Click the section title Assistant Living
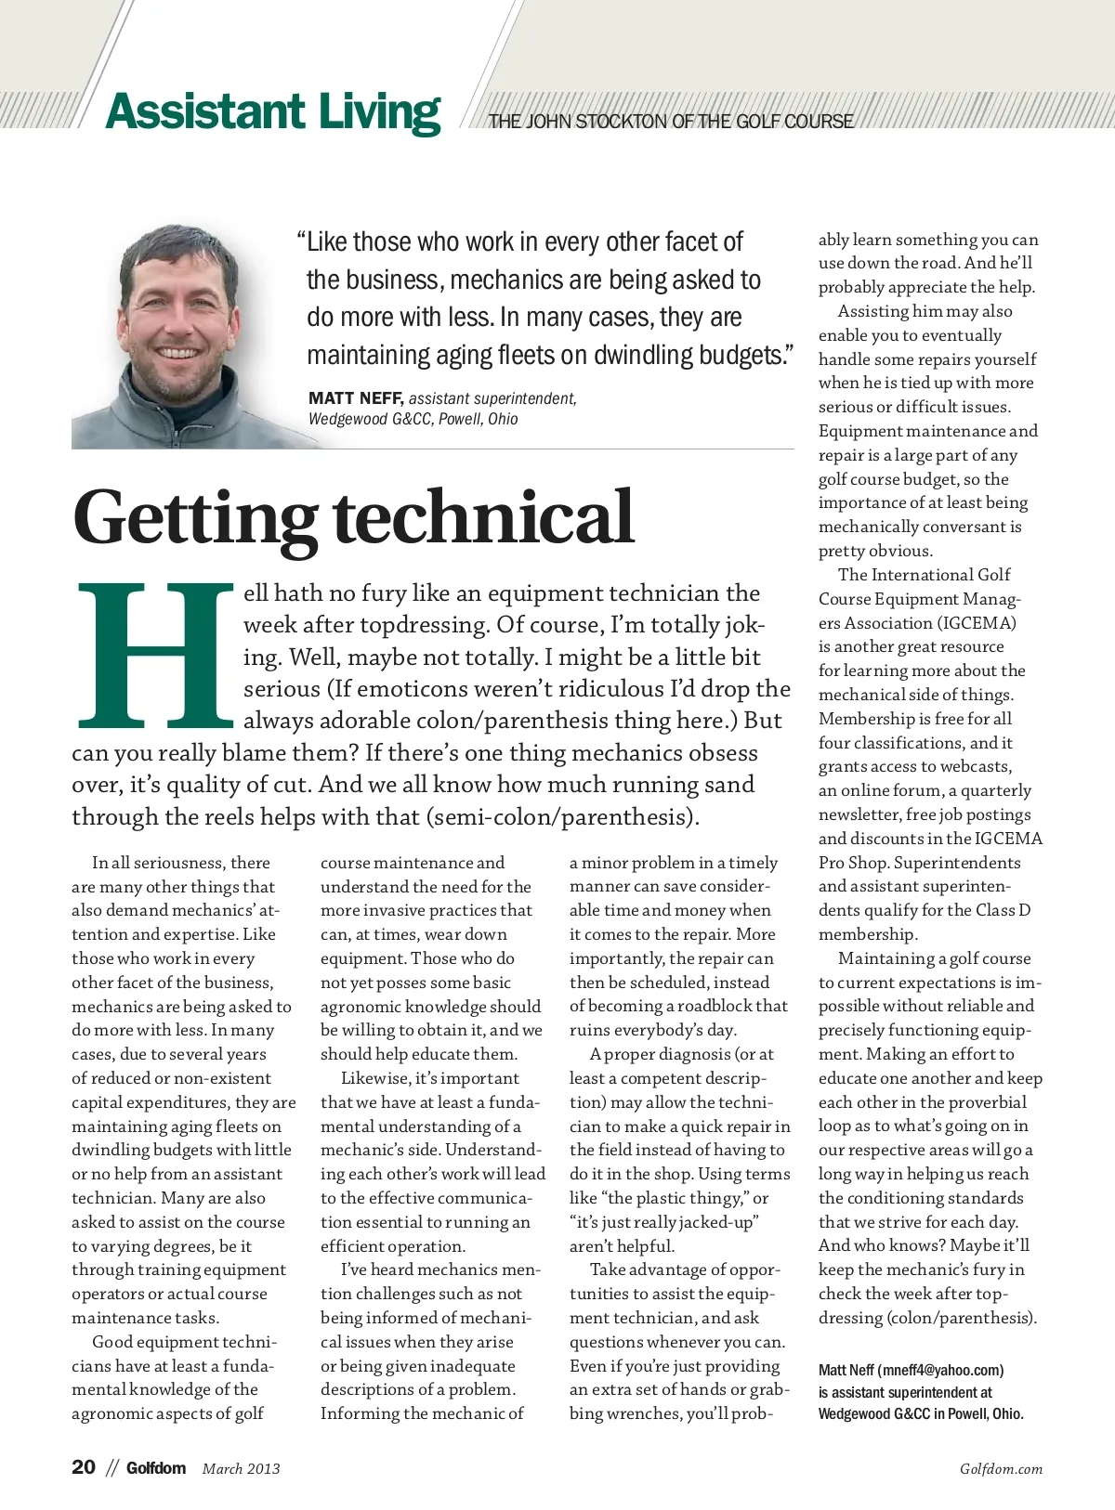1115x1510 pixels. tap(273, 112)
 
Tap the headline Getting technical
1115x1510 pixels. tap(353, 517)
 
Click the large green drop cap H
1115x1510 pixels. tap(155, 654)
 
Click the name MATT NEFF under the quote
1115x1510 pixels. tap(355, 398)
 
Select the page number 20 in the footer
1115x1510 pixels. tap(84, 1467)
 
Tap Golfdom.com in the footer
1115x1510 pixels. tap(1001, 1469)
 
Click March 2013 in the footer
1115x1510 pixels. tap(241, 1469)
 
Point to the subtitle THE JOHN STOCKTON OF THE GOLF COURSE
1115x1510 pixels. tap(671, 122)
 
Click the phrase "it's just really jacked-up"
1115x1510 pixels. tap(664, 1222)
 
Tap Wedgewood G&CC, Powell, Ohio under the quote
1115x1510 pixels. tap(413, 419)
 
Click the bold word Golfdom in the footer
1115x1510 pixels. tap(156, 1468)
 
